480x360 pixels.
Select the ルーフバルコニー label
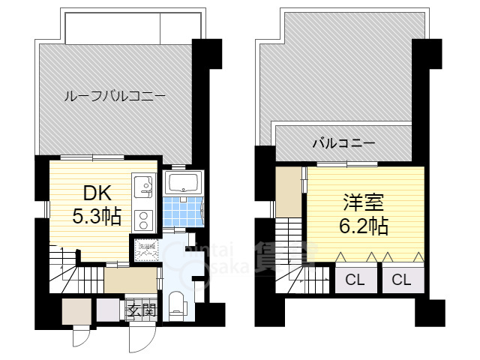pyautogui.click(x=114, y=96)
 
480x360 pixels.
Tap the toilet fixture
pyautogui.click(x=178, y=304)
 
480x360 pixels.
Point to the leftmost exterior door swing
pyautogui.click(x=81, y=338)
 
